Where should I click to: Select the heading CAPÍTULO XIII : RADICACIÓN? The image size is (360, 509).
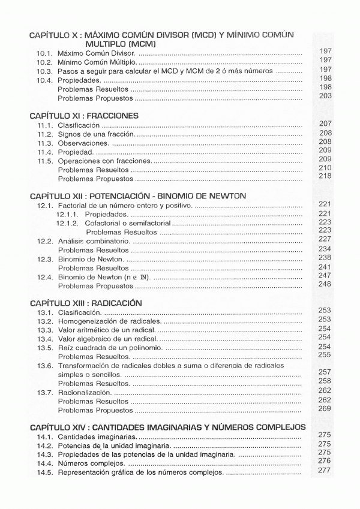pos(85,303)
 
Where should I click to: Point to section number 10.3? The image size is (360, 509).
pos(45,71)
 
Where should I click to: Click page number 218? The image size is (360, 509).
pos(325,176)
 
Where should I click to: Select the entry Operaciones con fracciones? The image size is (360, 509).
pos(105,161)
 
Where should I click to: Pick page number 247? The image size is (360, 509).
pos(325,275)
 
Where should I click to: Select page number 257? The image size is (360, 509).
pos(325,372)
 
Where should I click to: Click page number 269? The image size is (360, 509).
pos(325,408)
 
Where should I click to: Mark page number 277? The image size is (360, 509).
pos(325,470)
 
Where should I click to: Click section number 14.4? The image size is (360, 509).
pos(45,464)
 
